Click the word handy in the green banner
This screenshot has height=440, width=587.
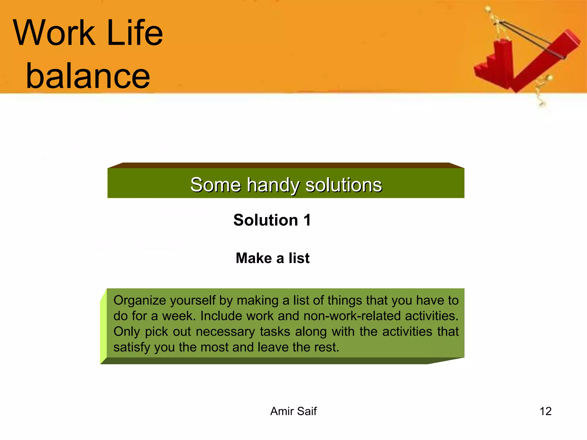(x=273, y=185)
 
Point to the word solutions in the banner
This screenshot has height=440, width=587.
(x=344, y=185)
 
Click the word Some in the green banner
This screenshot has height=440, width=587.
(x=215, y=185)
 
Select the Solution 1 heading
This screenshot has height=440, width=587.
(x=272, y=220)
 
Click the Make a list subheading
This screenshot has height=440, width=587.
(x=273, y=258)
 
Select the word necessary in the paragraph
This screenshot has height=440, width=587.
(x=225, y=332)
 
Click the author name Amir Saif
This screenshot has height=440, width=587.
(x=293, y=411)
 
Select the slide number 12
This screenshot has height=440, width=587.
(x=545, y=411)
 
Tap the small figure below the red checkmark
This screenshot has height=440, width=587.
(x=543, y=90)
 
